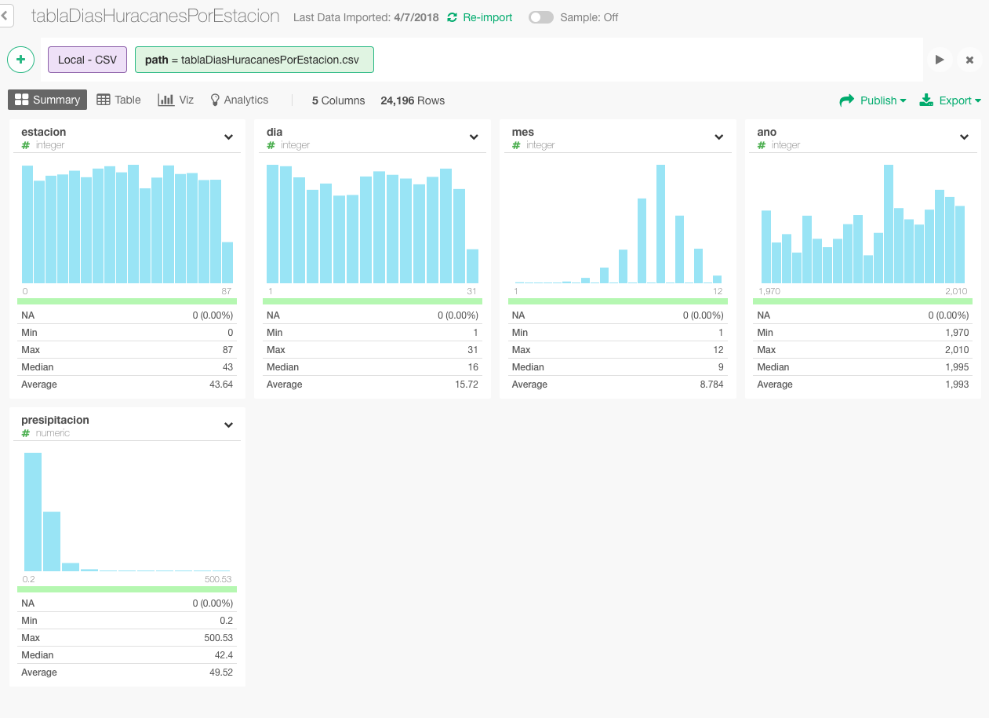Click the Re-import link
pos(479,17)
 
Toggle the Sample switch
pos(541,17)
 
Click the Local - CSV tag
pos(87,60)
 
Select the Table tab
pos(118,100)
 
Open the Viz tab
pos(176,100)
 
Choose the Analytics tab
pos(239,100)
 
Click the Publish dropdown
pos(873,100)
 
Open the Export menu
pos(950,100)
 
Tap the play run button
pos(940,60)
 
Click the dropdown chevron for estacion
pos(228,137)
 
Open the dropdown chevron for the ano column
pos(964,137)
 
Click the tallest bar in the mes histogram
pos(660,224)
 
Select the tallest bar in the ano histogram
pos(889,224)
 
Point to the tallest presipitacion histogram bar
pos(33,512)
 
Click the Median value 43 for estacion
pos(227,367)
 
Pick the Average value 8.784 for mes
pos(711,385)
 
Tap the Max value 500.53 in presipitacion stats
pos(218,638)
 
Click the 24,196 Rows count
pos(413,100)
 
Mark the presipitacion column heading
pos(55,420)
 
